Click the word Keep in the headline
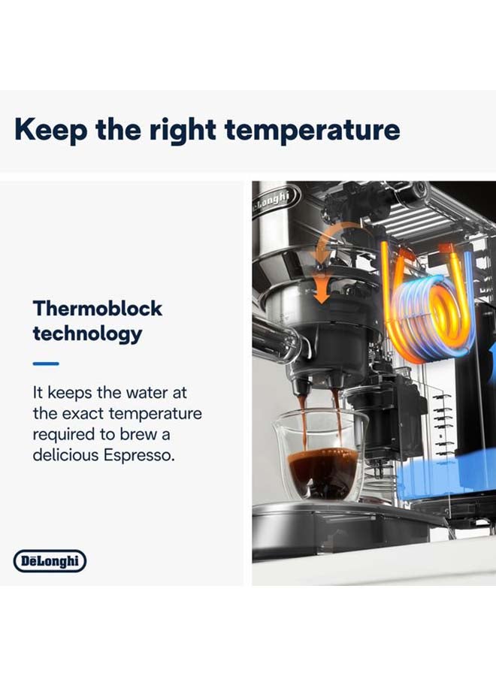click(50, 130)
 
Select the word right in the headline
click(183, 130)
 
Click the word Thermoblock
click(98, 308)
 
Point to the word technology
click(88, 333)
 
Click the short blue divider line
click(46, 364)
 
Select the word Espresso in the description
click(139, 455)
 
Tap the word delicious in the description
click(66, 455)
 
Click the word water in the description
click(147, 393)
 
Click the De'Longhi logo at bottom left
click(50, 561)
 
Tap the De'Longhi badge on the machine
click(274, 199)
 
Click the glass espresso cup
click(320, 455)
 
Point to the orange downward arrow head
click(321, 295)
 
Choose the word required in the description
click(64, 435)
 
